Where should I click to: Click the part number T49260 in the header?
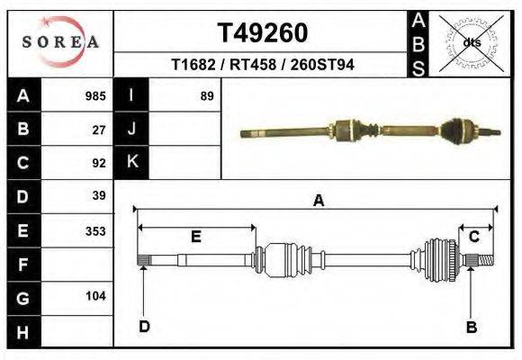coord(263,33)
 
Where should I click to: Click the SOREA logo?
coord(60,42)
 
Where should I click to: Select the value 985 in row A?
coord(95,95)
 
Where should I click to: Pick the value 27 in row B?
coord(99,130)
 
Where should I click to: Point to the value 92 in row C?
coord(99,164)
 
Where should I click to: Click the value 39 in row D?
coord(99,196)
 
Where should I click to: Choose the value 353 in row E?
coord(95,230)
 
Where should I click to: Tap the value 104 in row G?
coord(95,296)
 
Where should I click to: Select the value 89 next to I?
coord(206,95)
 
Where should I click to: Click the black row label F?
coord(22,265)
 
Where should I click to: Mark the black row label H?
coord(22,332)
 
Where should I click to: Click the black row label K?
coord(132,162)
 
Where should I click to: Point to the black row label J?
coord(132,129)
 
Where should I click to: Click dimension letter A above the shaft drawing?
coord(318,202)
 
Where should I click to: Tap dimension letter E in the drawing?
coord(195,237)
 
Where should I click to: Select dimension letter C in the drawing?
coord(473,237)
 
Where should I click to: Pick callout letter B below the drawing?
coord(471,327)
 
